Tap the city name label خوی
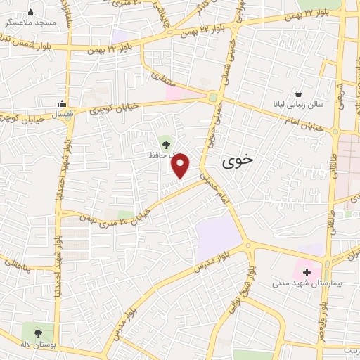point(236,162)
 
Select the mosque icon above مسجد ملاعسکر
point(31,12)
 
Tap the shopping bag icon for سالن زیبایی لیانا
point(299,94)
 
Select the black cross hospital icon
point(307,271)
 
